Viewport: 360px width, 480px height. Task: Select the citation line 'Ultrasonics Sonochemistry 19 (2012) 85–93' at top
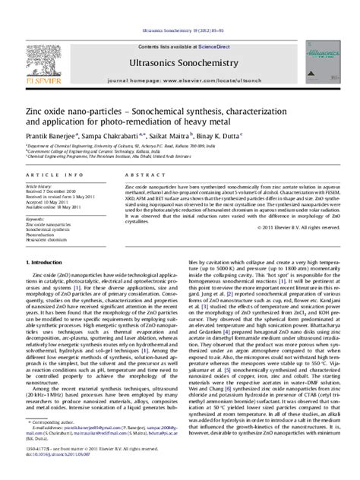[x=180, y=10]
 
